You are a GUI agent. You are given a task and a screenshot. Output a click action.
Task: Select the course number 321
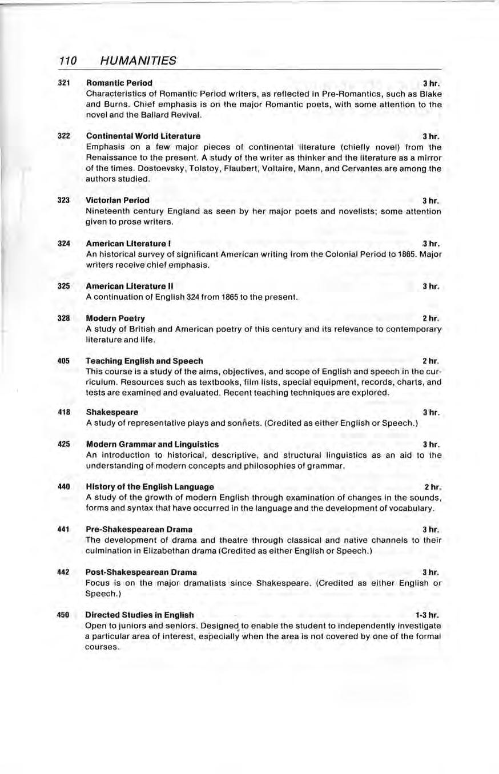pyautogui.click(x=64, y=83)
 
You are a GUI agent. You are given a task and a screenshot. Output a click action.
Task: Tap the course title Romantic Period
pyautogui.click(x=119, y=83)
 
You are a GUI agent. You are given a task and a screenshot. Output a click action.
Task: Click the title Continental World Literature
pyautogui.click(x=143, y=136)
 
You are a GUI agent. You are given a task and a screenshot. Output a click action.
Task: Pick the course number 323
pyautogui.click(x=64, y=200)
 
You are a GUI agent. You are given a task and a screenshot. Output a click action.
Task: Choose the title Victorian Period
pyautogui.click(x=118, y=200)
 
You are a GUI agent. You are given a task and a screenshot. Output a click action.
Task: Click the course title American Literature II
pyautogui.click(x=130, y=285)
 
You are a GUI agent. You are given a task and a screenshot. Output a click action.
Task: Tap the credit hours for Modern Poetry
pyautogui.click(x=430, y=318)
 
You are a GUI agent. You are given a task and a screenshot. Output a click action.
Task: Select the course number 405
pyautogui.click(x=64, y=361)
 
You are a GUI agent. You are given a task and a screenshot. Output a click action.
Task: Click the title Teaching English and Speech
pyautogui.click(x=144, y=361)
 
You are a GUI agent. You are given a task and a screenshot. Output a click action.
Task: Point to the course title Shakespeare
pyautogui.click(x=112, y=412)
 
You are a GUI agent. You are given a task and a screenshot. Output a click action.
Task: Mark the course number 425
pyautogui.click(x=64, y=444)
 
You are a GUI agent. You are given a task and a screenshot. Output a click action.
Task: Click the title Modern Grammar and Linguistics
pyautogui.click(x=152, y=444)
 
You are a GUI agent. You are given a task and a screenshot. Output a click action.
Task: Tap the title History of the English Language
pyautogui.click(x=150, y=487)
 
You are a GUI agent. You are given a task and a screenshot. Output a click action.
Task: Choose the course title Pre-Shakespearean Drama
pyautogui.click(x=139, y=529)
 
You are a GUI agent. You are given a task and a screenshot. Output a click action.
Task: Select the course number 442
pyautogui.click(x=64, y=571)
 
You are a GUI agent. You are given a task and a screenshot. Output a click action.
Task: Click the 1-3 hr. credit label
pyautogui.click(x=426, y=615)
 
